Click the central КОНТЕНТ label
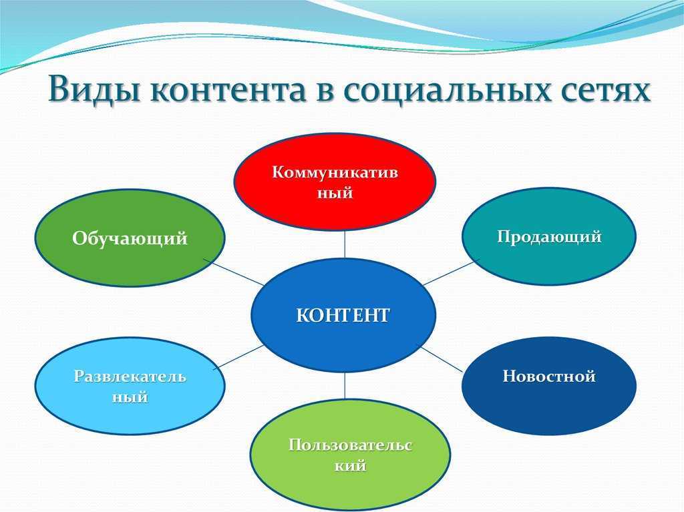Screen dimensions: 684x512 (x=343, y=315)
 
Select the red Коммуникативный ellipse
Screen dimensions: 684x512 (x=335, y=182)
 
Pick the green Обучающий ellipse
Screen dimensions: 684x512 (x=130, y=238)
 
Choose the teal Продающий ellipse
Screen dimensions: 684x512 (x=549, y=236)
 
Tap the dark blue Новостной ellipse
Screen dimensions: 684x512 (x=549, y=386)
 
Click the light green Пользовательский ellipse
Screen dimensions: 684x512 (x=350, y=455)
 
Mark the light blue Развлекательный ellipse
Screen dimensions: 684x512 (x=130, y=386)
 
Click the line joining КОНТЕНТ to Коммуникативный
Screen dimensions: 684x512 (x=345, y=244)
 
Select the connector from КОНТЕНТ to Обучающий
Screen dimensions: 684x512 (x=234, y=272)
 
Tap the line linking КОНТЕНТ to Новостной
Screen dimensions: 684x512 (x=442, y=359)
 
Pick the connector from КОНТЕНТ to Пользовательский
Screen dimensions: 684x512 (x=345, y=386)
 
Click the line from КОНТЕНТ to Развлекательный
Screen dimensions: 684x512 (x=239, y=357)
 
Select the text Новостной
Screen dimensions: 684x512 (x=549, y=376)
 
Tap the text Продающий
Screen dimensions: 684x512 (x=549, y=237)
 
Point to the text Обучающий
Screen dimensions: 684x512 (x=130, y=238)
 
